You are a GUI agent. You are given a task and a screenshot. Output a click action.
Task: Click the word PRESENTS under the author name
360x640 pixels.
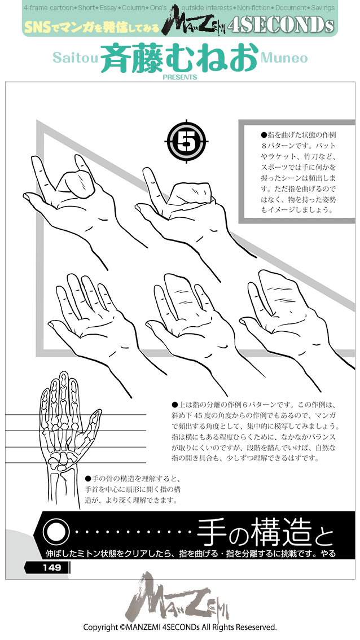[x=179, y=77]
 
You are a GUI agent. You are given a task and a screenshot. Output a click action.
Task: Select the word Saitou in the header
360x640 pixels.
[x=75, y=58]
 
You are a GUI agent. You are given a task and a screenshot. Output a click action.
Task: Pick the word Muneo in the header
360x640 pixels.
[x=284, y=58]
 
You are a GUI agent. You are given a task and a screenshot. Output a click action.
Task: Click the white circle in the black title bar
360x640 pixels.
[x=55, y=531]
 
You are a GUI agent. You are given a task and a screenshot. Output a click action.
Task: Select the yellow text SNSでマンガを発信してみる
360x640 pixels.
[x=91, y=26]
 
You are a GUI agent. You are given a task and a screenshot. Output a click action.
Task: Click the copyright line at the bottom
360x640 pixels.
[x=179, y=627]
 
